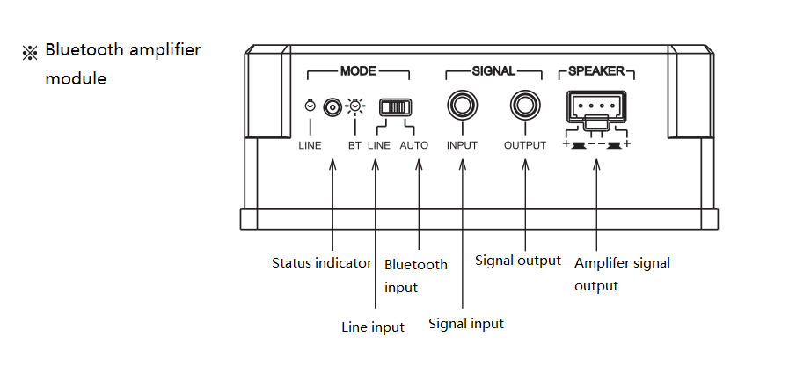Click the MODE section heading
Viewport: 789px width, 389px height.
(358, 70)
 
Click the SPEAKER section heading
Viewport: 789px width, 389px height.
(596, 70)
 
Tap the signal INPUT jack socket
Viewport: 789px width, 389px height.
(462, 106)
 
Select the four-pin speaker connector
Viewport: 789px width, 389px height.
(597, 107)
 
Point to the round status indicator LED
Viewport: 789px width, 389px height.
(332, 107)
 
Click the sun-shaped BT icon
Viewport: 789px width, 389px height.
(354, 107)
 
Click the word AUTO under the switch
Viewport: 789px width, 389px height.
(414, 145)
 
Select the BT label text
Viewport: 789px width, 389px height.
(354, 145)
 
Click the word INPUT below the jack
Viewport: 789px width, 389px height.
(462, 145)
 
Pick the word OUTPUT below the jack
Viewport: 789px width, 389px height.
(525, 145)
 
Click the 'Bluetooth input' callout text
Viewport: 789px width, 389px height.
(416, 275)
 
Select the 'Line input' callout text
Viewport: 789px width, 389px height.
(373, 327)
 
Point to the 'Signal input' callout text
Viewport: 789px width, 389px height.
(466, 324)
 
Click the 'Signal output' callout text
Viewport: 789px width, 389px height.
(518, 260)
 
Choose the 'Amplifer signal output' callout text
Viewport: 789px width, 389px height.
(622, 274)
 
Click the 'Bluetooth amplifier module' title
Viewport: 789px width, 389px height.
(122, 63)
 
